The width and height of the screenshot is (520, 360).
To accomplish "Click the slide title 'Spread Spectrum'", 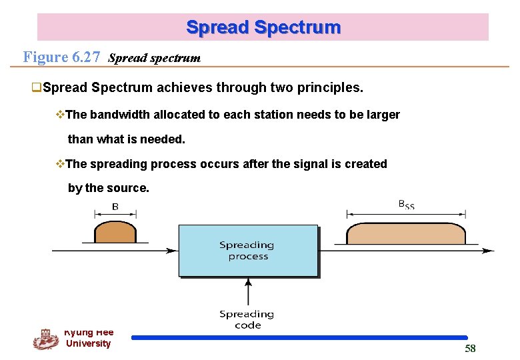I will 263,27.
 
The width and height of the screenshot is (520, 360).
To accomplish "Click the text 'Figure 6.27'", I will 61,57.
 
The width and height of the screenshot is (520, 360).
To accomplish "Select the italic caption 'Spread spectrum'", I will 154,58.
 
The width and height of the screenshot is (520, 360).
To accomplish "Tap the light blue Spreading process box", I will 248,251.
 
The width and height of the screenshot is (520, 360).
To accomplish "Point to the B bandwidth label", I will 115,207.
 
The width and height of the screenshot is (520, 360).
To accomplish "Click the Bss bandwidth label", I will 406,205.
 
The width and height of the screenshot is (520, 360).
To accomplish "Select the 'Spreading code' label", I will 247,319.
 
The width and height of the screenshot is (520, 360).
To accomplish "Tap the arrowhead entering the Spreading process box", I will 173,251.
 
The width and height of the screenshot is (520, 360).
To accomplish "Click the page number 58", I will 470,349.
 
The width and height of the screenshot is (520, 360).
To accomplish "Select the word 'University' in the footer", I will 88,343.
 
